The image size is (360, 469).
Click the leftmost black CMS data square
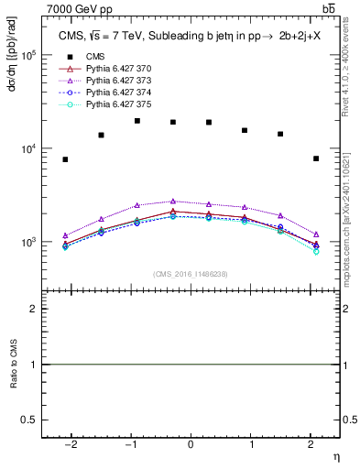point(66,159)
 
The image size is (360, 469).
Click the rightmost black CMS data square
point(315,158)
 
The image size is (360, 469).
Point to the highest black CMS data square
point(137,121)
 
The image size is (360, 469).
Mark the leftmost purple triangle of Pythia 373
point(66,235)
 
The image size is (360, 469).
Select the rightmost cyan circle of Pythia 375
point(315,251)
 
